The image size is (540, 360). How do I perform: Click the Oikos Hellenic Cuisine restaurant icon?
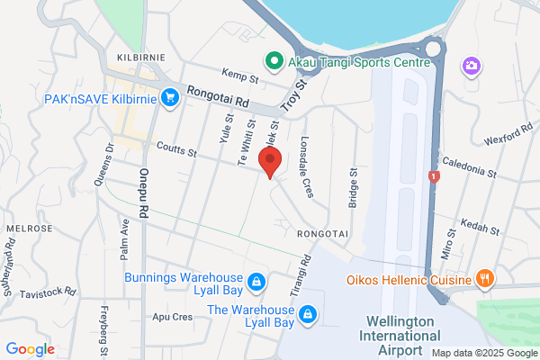[484, 278]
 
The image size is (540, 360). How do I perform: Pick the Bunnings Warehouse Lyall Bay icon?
[256, 283]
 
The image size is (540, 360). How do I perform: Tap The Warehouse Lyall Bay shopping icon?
[308, 314]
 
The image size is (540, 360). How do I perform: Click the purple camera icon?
[470, 66]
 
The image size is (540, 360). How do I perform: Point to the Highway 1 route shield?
[435, 177]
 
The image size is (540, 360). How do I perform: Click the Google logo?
[30, 349]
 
